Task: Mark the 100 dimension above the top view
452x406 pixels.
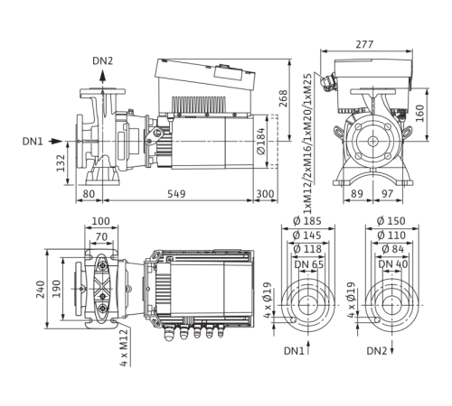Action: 99,220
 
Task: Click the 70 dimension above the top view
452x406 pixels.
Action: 101,234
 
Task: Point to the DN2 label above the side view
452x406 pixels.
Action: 102,61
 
